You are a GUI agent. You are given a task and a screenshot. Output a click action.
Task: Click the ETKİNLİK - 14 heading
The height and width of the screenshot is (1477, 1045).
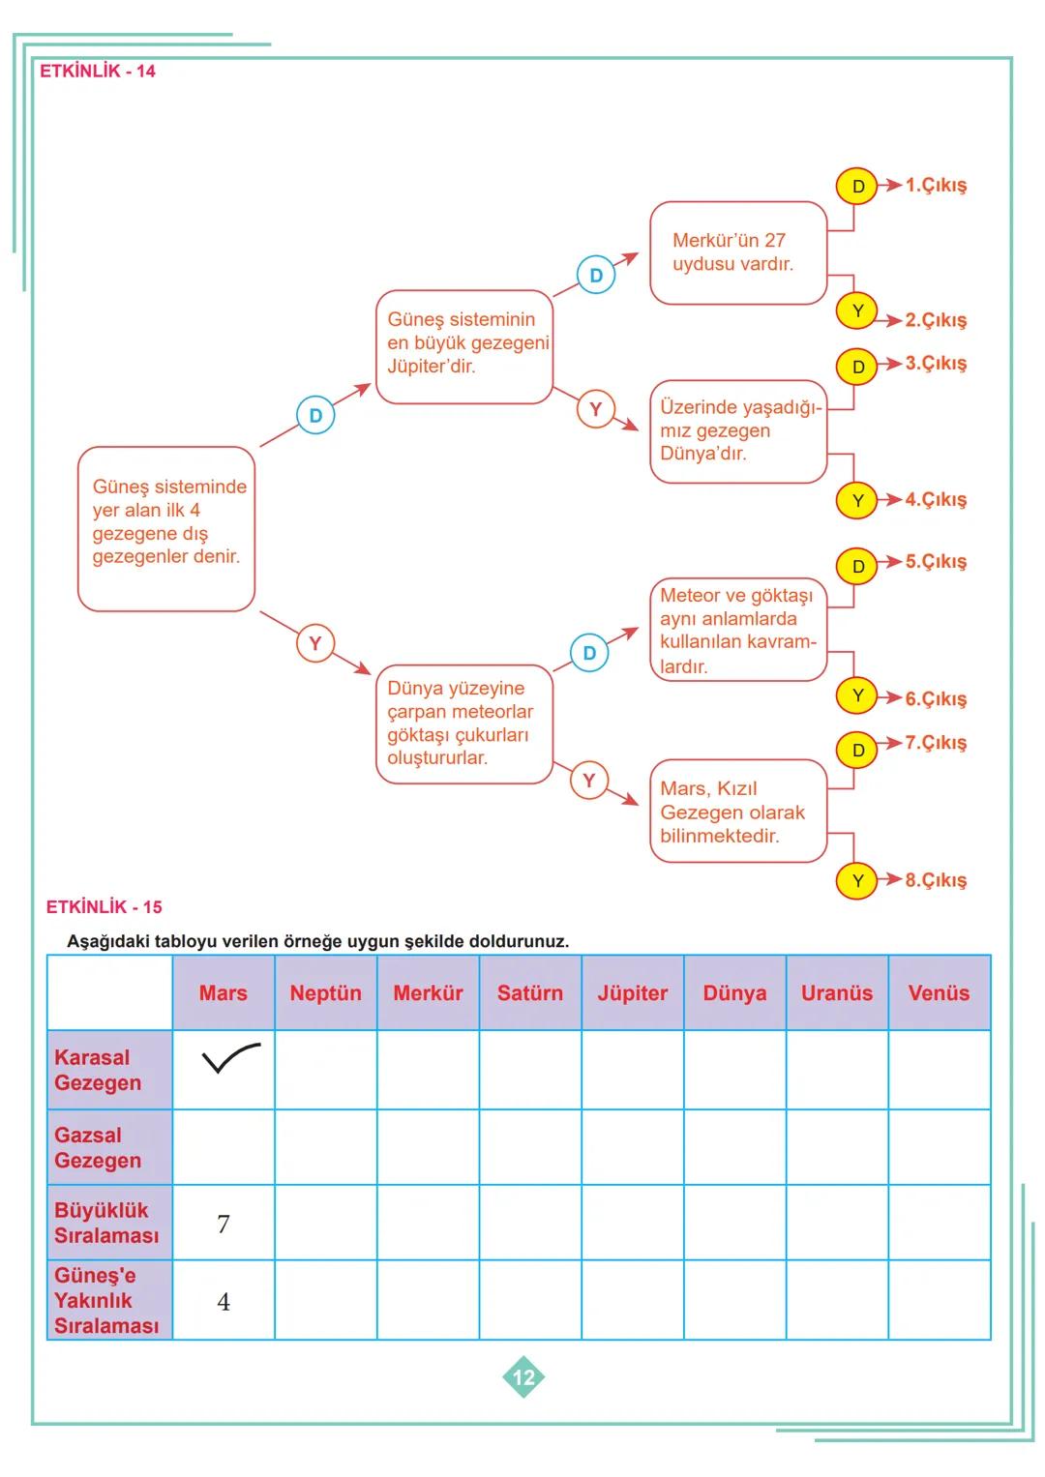pyautogui.click(x=97, y=72)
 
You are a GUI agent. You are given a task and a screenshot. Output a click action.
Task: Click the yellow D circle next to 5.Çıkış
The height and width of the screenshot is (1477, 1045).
pyautogui.click(x=857, y=566)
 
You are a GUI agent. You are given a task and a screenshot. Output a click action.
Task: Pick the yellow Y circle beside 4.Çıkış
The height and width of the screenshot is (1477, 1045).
pyautogui.click(x=857, y=501)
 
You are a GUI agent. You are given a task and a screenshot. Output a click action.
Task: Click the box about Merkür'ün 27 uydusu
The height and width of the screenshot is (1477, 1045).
pyautogui.click(x=737, y=252)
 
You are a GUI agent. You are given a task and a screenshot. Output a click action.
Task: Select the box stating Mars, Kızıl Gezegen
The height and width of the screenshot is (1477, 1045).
pyautogui.click(x=737, y=812)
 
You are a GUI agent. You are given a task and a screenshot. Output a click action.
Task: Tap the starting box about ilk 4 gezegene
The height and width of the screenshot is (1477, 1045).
pyautogui.click(x=166, y=528)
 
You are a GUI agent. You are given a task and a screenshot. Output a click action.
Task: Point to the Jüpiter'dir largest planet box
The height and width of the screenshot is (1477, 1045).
pyautogui.click(x=463, y=345)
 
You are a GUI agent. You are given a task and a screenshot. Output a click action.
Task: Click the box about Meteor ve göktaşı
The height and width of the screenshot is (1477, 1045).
pyautogui.click(x=737, y=631)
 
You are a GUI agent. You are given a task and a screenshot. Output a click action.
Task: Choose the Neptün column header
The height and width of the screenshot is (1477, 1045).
pyautogui.click(x=325, y=993)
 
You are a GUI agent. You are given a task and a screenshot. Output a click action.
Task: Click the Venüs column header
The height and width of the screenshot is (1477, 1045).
pyautogui.click(x=939, y=993)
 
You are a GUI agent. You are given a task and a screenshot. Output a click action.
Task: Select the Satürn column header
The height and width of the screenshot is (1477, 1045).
pyautogui.click(x=529, y=993)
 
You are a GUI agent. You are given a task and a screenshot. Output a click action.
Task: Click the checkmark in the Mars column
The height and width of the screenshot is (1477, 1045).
pyautogui.click(x=229, y=1060)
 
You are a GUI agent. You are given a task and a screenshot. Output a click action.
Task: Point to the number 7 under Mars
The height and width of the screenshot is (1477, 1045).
pyautogui.click(x=224, y=1225)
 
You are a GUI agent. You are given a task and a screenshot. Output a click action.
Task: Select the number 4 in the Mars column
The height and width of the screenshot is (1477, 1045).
pyautogui.click(x=224, y=1302)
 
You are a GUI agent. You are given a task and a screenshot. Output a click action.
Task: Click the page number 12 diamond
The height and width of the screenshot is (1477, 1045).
pyautogui.click(x=523, y=1377)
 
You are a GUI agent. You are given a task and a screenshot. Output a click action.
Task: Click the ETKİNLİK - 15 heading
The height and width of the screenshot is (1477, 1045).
pyautogui.click(x=104, y=907)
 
